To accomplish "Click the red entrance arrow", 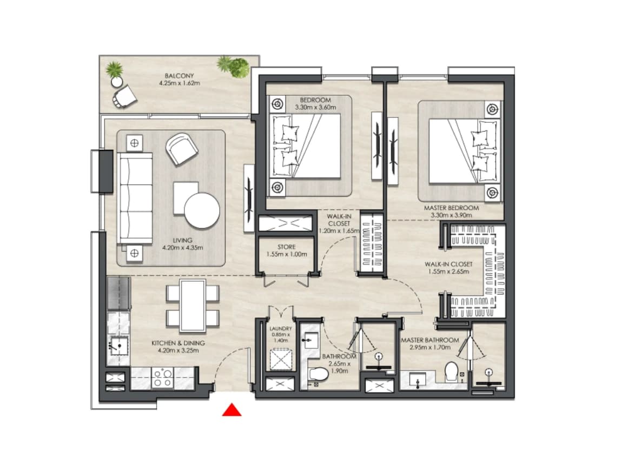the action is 232,409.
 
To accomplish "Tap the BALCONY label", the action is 179,76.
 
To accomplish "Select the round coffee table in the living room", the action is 202,210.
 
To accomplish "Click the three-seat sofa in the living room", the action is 135,198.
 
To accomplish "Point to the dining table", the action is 193,306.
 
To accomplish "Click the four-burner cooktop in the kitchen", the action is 162,378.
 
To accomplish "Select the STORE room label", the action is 286,247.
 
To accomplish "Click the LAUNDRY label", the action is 281,328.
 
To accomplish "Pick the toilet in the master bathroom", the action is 451,371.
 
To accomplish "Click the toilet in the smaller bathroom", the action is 319,374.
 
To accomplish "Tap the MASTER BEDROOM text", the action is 451,208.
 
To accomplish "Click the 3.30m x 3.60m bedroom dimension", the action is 315,107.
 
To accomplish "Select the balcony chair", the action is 125,96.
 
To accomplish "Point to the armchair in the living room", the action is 182,149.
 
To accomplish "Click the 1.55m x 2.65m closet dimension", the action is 448,272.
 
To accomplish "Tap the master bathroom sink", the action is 417,379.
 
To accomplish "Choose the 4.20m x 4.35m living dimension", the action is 182,247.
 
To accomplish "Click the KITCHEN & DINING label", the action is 179,343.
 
